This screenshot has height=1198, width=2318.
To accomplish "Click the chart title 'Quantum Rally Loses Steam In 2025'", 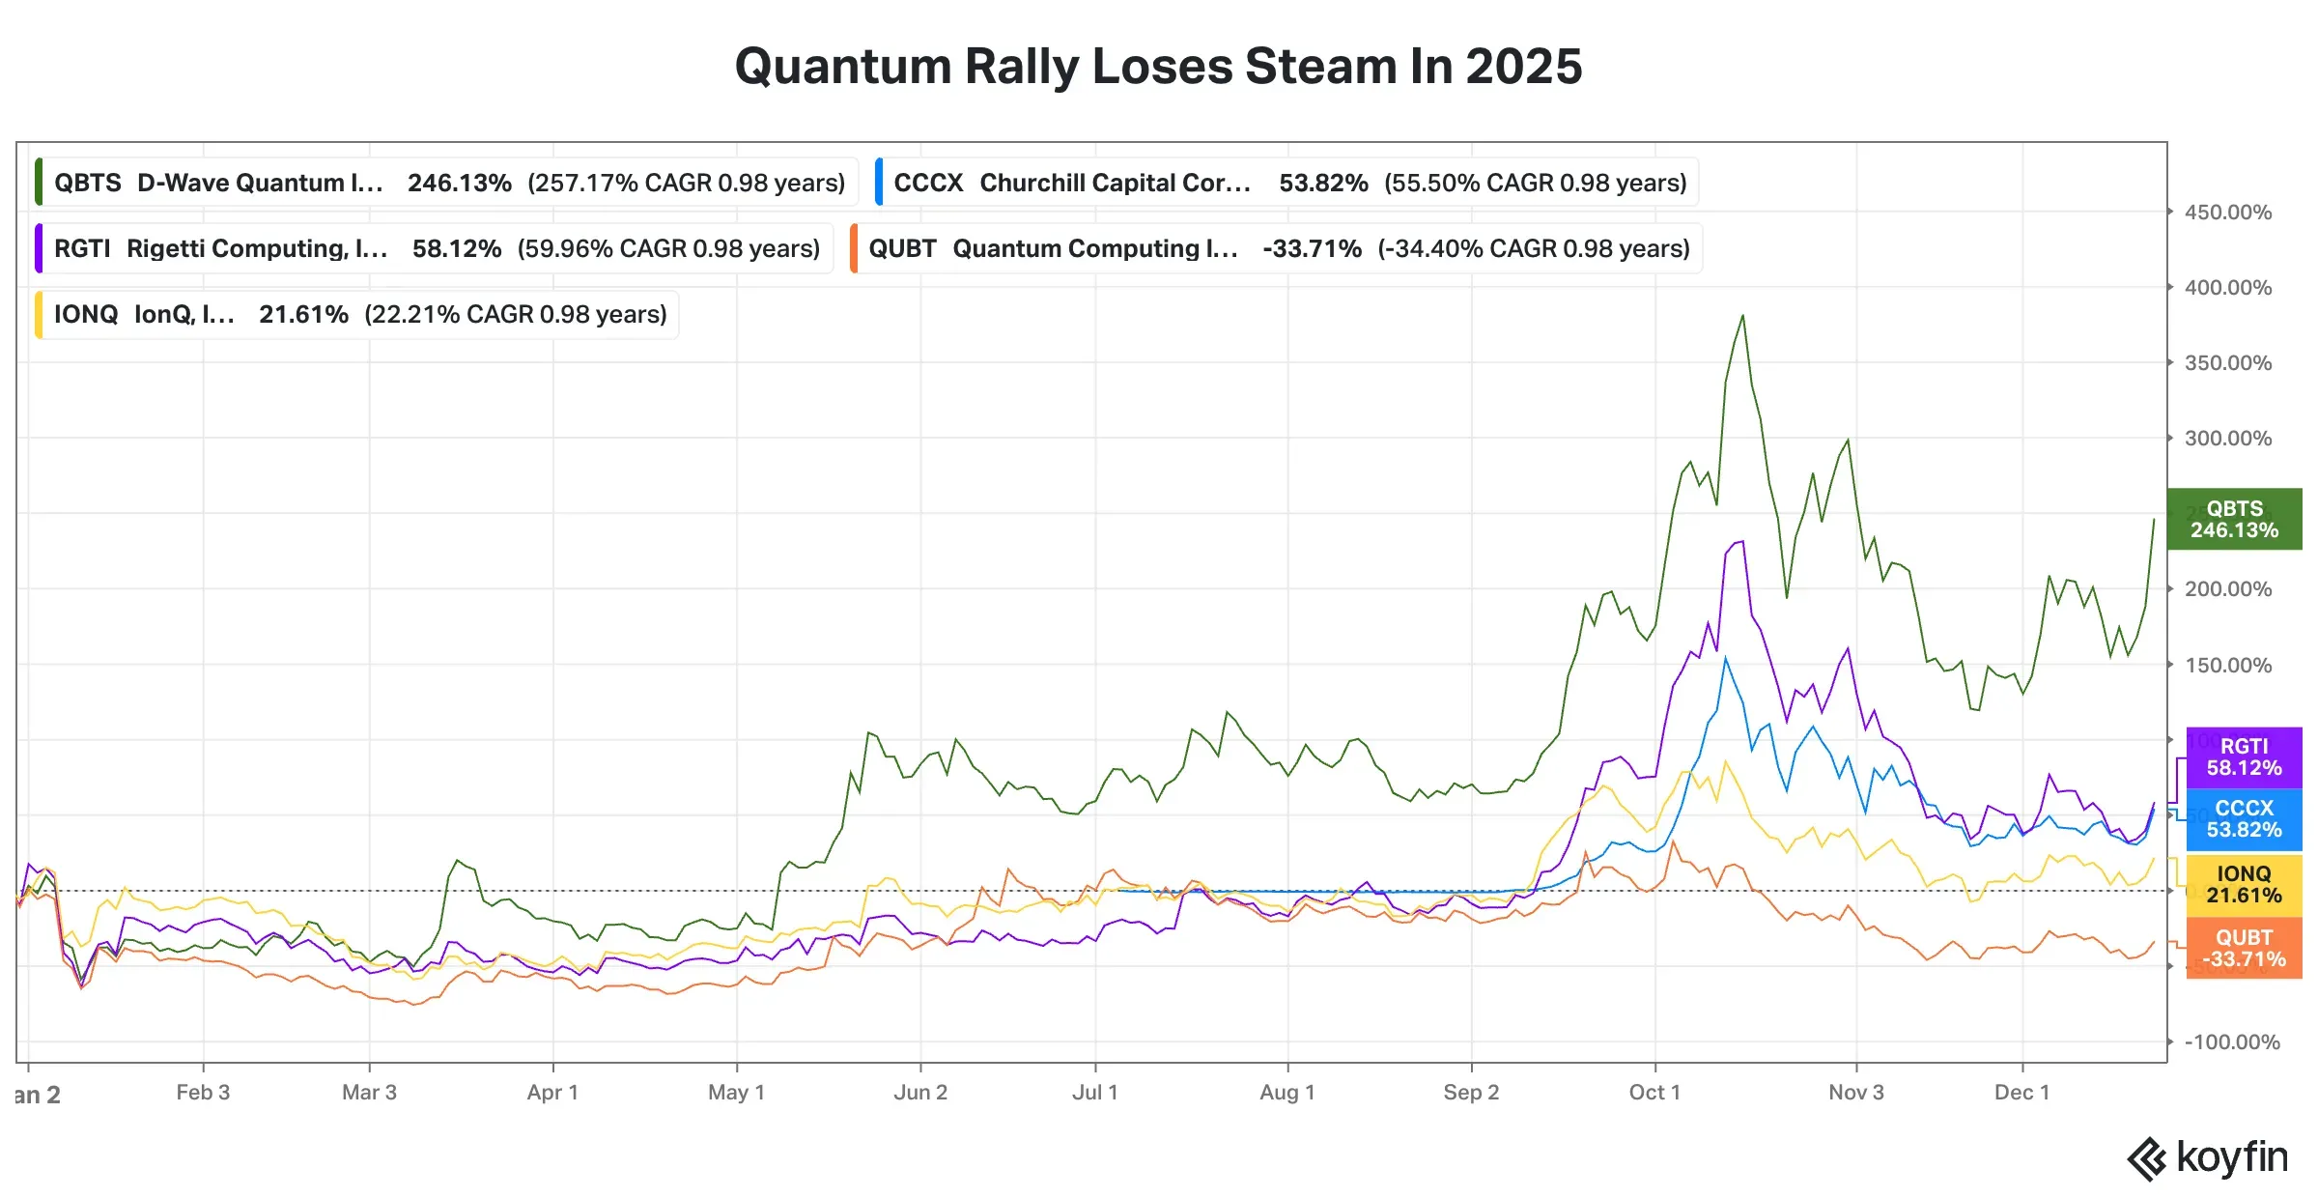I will (x=1158, y=67).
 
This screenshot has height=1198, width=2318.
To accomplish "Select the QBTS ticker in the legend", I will (x=88, y=183).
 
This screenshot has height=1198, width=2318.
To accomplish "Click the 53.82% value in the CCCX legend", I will (x=1323, y=183).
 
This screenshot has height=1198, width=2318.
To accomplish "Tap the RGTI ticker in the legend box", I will (x=82, y=248).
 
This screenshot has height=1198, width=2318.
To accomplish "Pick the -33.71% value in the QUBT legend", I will (x=1312, y=248).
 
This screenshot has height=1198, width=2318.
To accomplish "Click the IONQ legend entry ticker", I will (x=86, y=314).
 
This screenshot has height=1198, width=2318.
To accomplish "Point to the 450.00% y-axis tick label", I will (x=2227, y=213).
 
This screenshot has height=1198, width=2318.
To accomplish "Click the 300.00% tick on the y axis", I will (x=2227, y=439).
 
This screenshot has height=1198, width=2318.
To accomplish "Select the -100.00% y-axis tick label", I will (x=2231, y=1042).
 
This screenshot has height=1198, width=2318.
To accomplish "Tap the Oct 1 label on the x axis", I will (x=1654, y=1093).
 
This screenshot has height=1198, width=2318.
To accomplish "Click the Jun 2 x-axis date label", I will (x=920, y=1093).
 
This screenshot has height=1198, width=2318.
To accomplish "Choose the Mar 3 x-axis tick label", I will (x=369, y=1093).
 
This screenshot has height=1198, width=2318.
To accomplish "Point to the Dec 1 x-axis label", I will (x=2021, y=1093).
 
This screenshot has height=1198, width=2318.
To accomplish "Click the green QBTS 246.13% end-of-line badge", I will (x=2234, y=520).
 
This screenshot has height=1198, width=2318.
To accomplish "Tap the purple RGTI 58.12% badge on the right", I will (x=2244, y=757).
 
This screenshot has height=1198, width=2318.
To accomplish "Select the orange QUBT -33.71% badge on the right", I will (x=2244, y=949).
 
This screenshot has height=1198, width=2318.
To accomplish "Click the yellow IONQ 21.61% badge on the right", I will (x=2244, y=885).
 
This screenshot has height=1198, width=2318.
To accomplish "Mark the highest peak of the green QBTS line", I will (x=1742, y=316).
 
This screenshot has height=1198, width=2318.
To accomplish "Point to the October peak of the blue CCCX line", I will (x=1725, y=659).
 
